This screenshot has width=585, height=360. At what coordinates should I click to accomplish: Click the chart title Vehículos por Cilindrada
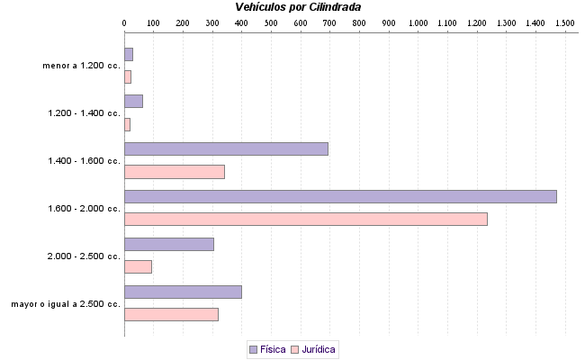pyautogui.click(x=298, y=7)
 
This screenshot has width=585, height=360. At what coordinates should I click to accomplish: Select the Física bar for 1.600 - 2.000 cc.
pyautogui.click(x=340, y=196)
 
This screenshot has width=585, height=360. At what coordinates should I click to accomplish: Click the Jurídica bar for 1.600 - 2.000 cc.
pyautogui.click(x=305, y=219)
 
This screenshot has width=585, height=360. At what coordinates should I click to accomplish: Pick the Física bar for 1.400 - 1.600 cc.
pyautogui.click(x=226, y=148)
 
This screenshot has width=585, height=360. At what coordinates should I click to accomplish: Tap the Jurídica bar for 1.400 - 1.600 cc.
pyautogui.click(x=174, y=171)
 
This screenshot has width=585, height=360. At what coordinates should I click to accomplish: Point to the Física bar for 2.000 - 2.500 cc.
pyautogui.click(x=168, y=244)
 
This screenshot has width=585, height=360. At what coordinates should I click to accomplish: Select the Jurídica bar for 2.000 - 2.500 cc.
pyautogui.click(x=138, y=266)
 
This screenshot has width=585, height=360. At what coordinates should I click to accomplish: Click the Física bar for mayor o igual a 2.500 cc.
pyautogui.click(x=183, y=292)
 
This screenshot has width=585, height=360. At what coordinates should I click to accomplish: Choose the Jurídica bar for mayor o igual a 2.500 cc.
pyautogui.click(x=171, y=314)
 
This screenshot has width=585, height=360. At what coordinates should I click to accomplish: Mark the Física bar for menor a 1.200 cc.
pyautogui.click(x=129, y=54)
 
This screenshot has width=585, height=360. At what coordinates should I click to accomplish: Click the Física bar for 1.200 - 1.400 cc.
pyautogui.click(x=133, y=101)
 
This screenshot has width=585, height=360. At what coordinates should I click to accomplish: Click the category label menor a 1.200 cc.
pyautogui.click(x=81, y=66)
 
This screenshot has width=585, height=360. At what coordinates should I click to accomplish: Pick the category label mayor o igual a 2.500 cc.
pyautogui.click(x=66, y=304)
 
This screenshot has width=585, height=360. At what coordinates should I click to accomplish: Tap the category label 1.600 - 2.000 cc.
pyautogui.click(x=84, y=209)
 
